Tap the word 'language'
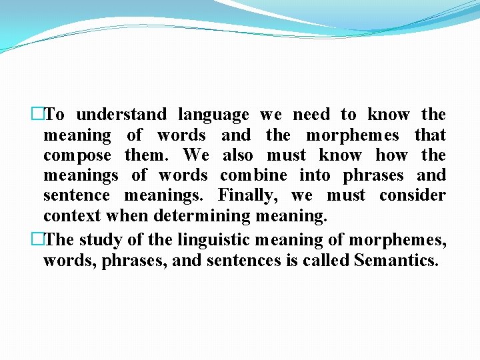point(213,115)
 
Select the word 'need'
point(311,115)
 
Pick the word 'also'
point(237,155)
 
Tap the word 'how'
point(391,155)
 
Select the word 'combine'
point(254,175)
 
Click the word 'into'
point(315,175)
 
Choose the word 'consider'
point(413,195)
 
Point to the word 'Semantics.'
point(397,259)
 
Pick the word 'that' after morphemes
point(430,135)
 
